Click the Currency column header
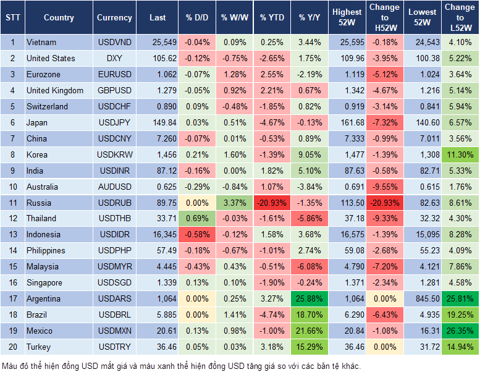[x=114, y=18]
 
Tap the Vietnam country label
[x=41, y=42]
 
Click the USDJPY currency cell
[x=114, y=122]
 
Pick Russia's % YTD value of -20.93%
[x=271, y=203]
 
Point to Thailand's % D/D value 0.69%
[x=196, y=218]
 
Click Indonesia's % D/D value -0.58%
[x=196, y=234]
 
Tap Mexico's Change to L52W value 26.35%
[x=460, y=331]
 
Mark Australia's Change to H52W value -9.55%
[x=384, y=187]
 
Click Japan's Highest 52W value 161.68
[x=347, y=122]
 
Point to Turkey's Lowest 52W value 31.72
[x=422, y=347]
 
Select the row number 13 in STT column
[x=12, y=234]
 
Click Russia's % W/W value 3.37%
[x=233, y=203]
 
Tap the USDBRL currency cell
[x=114, y=315]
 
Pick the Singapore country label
[x=44, y=282]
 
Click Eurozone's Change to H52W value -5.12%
[x=384, y=74]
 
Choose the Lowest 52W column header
[x=422, y=18]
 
